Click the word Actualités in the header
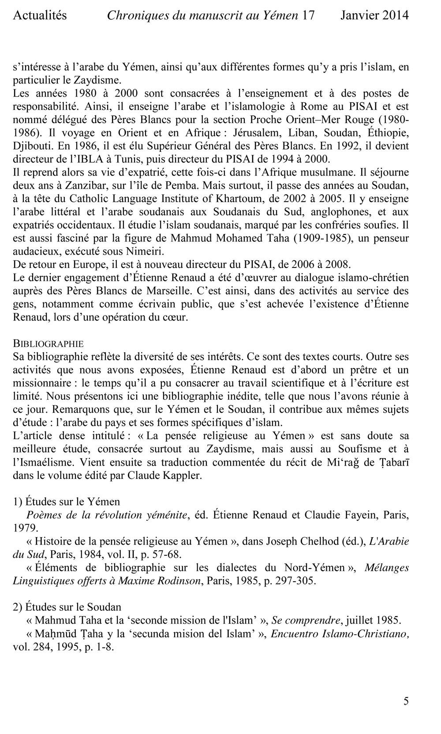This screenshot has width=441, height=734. pos(40,16)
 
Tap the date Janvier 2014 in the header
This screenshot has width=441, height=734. pos(374,16)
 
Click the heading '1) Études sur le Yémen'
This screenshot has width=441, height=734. pos(67,502)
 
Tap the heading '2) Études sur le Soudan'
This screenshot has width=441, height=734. pos(67,607)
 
